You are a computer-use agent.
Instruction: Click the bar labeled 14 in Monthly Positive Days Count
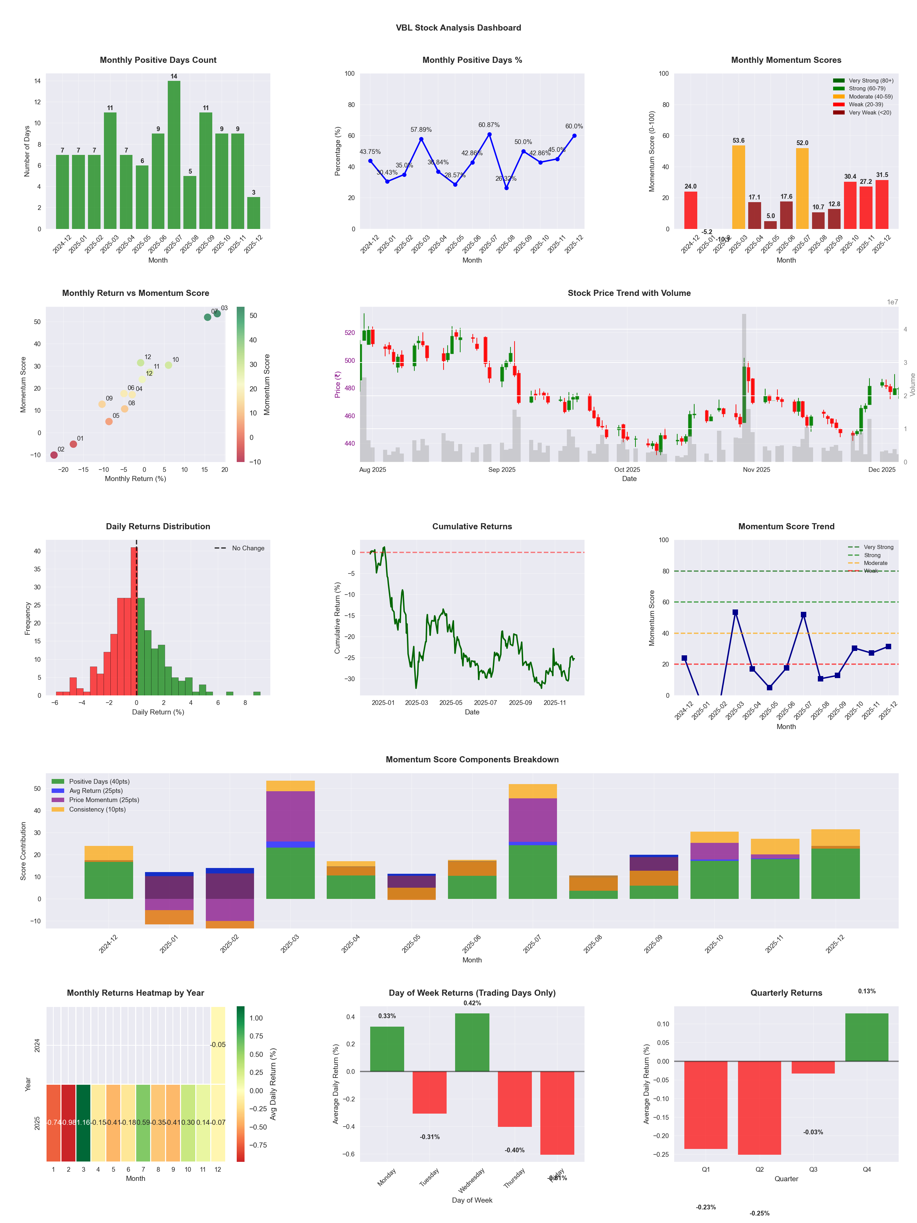coord(174,155)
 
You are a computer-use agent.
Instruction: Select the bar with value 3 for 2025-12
coord(254,213)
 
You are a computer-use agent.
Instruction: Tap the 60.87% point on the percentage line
coord(489,134)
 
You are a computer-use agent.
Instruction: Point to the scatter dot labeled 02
coord(54,455)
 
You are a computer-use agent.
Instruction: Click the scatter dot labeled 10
coord(168,365)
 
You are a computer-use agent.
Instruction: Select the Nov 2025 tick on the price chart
coord(756,469)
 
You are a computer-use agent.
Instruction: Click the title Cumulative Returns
coord(472,526)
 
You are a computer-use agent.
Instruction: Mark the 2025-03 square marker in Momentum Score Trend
coord(735,612)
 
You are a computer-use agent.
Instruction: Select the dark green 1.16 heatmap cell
coord(84,1122)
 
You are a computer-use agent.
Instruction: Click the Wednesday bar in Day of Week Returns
coord(472,1042)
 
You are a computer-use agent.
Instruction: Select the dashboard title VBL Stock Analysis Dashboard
coord(458,28)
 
